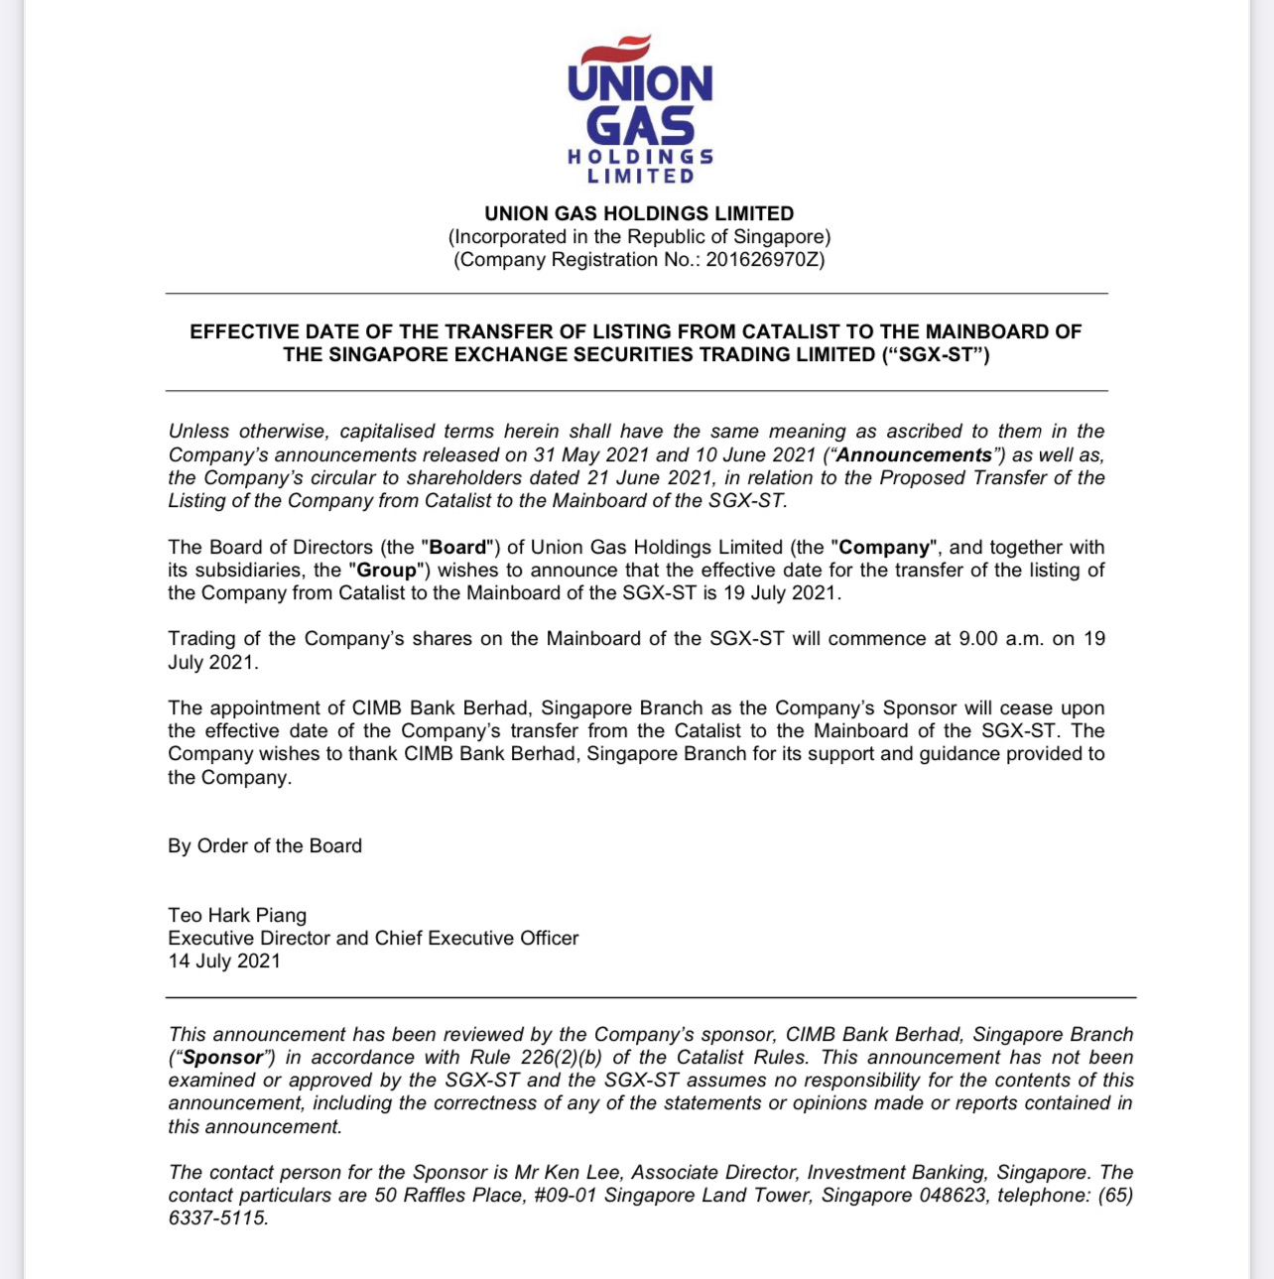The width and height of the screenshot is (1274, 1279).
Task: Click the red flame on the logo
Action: (616, 48)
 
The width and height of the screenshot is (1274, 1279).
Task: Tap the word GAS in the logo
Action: (640, 126)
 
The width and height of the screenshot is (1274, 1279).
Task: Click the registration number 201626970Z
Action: (764, 260)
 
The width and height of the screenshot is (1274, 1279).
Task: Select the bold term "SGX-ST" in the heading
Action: (934, 355)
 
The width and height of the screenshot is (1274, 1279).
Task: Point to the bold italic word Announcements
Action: (913, 455)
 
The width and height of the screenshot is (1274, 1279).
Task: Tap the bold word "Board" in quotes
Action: (457, 548)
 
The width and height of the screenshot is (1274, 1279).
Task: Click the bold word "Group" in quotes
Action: (386, 571)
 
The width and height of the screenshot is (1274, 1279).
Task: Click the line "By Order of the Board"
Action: (265, 846)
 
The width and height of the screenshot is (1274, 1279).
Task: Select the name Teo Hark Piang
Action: (237, 916)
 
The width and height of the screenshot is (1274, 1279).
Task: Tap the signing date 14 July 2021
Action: (224, 961)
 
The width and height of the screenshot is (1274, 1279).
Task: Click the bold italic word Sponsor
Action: (223, 1058)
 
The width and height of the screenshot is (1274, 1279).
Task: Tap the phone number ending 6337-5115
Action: (217, 1218)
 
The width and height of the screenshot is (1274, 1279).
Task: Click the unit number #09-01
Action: (565, 1196)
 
